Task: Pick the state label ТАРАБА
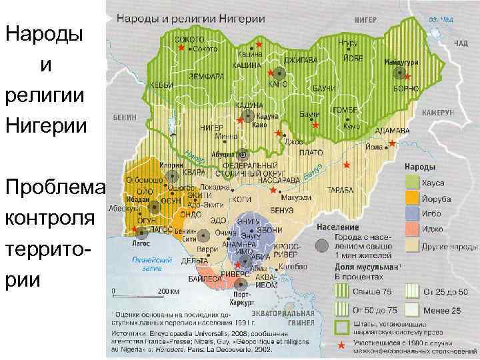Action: tap(340, 190)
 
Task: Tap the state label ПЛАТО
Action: tap(311, 153)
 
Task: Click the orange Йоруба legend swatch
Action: tap(411, 198)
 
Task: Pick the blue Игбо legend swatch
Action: tap(411, 213)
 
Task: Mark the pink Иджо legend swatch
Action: tap(411, 229)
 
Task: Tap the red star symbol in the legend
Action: tap(342, 345)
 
